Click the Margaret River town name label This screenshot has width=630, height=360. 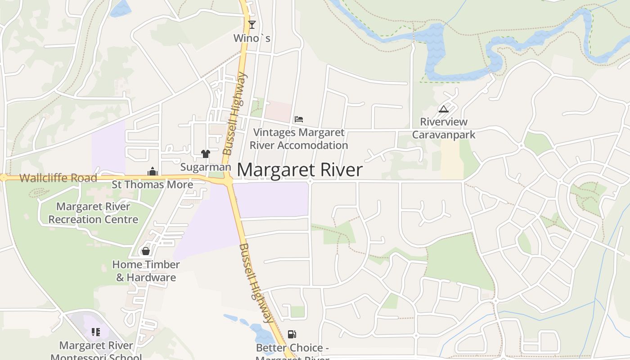point(300,170)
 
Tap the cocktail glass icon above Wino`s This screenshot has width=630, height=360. point(252,24)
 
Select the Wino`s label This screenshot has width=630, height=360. point(252,38)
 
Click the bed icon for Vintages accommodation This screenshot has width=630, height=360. point(299,119)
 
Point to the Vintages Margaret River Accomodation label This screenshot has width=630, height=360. point(299,139)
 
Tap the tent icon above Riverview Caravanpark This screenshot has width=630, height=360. point(444,109)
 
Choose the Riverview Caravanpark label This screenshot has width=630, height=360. point(444,128)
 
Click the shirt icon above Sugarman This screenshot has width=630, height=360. point(206,154)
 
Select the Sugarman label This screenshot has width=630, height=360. point(206,167)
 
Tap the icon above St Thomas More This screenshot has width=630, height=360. point(153,171)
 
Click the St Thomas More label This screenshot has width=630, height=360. point(153,184)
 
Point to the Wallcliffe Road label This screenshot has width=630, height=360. point(58,178)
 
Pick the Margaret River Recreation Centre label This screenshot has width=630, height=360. point(93,213)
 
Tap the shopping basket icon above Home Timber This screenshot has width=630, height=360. point(145,251)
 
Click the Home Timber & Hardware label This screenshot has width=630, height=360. point(146,271)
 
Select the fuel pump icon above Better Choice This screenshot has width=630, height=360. point(292,334)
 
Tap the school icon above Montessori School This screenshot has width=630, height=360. point(95,332)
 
